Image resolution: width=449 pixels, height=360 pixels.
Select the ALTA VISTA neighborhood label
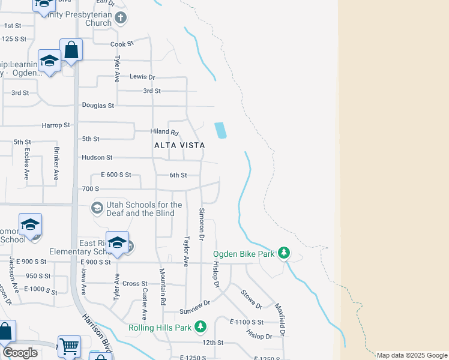(x=179, y=145)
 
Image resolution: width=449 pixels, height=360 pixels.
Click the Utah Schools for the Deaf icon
(x=96, y=208)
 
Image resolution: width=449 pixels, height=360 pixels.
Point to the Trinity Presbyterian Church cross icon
(x=121, y=17)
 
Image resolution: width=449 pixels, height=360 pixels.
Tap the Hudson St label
(x=97, y=158)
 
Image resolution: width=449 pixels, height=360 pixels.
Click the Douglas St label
(x=98, y=106)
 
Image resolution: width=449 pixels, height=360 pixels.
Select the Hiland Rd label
(x=164, y=132)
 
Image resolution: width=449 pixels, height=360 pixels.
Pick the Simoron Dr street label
(x=202, y=225)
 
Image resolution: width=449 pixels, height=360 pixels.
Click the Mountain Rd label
(x=162, y=289)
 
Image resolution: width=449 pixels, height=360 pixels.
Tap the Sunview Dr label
(x=194, y=312)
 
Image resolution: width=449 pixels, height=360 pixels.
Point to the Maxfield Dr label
(x=280, y=319)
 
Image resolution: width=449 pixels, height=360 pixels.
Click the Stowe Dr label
(x=251, y=299)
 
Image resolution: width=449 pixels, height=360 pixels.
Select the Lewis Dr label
(x=142, y=77)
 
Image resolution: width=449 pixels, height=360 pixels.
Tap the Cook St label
(x=121, y=44)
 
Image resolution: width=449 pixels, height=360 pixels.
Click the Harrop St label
(x=56, y=125)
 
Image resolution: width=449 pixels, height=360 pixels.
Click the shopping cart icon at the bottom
(x=70, y=346)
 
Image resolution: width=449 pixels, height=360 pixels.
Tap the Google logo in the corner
(x=20, y=353)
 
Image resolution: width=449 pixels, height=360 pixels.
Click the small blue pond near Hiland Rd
(x=220, y=130)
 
